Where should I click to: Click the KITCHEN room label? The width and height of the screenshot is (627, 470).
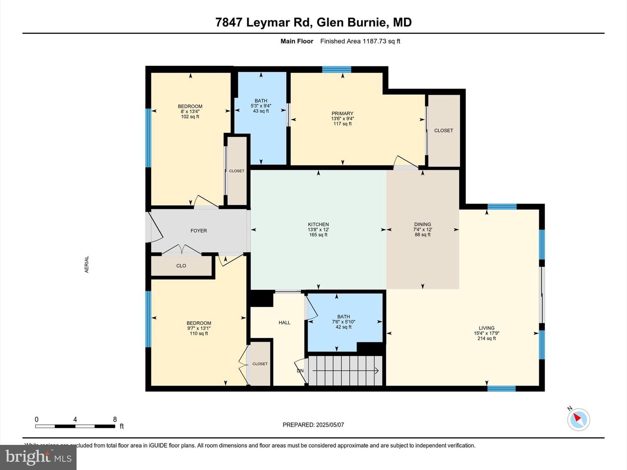318,225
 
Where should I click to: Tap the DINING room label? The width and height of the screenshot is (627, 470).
422,225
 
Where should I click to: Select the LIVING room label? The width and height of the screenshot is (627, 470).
486,328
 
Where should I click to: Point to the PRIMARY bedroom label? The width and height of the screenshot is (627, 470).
342,114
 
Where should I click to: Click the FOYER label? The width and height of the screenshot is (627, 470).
199,231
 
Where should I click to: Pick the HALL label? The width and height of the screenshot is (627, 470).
284,322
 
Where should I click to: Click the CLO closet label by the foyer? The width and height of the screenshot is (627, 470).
181,265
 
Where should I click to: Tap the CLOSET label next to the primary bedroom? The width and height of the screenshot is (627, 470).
443,131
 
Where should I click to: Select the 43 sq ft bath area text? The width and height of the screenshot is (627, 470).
261,111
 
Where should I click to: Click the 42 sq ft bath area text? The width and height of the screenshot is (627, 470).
344,327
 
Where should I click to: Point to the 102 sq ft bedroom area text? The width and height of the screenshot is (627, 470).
190,117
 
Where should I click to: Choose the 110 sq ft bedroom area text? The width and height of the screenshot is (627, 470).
199,333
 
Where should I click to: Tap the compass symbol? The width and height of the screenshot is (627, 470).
579,420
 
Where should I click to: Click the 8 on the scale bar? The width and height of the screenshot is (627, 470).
115,420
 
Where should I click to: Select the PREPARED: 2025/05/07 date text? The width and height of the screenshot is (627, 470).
313,425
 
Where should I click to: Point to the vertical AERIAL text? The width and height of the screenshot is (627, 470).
87,264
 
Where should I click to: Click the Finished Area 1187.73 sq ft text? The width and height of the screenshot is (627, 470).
360,41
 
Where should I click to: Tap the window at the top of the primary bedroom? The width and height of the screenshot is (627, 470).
337,69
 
